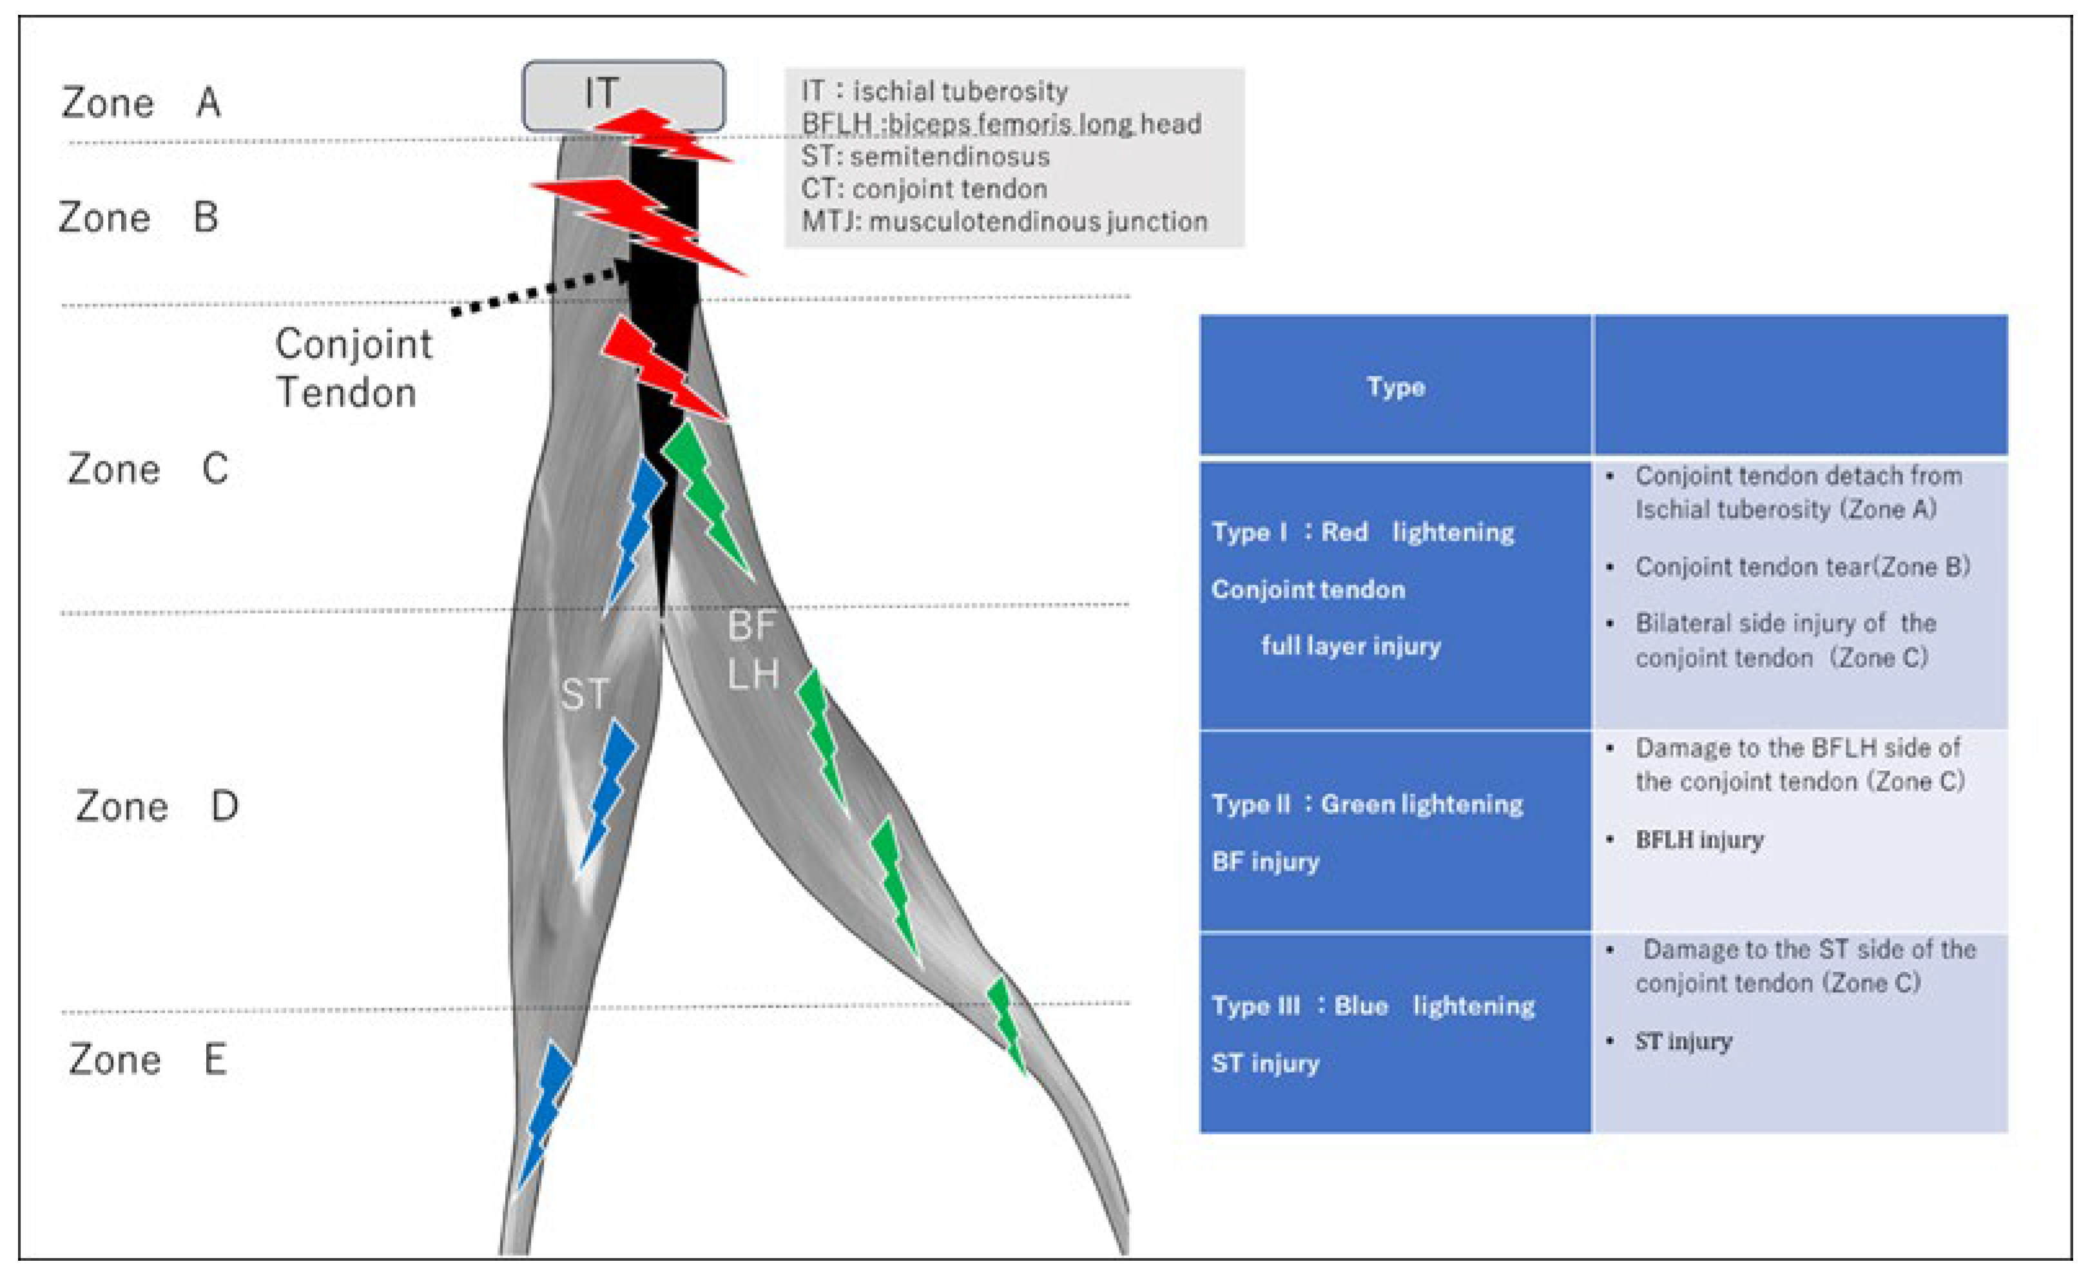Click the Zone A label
pos(142,103)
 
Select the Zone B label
pos(138,218)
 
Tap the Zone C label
pos(148,469)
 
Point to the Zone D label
pos(157,806)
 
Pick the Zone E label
pos(148,1060)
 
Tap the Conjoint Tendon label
pos(353,369)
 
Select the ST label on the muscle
pos(585,695)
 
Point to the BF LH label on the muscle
pos(753,650)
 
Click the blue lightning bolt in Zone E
pos(545,1111)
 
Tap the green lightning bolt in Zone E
pos(1007,1021)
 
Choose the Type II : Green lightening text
pos(1367,804)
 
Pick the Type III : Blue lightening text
pos(1373,1006)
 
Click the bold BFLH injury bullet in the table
pos(1699,840)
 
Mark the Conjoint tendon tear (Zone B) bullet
pos(1802,566)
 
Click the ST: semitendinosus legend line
pos(925,157)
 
